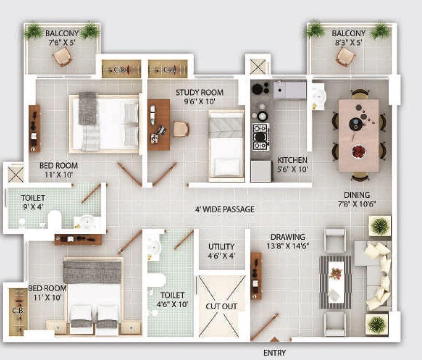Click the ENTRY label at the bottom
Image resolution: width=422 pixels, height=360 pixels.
[x=274, y=353]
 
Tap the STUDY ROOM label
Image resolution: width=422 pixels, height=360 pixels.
[x=199, y=93]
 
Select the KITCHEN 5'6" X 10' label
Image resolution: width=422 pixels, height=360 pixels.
[x=292, y=165]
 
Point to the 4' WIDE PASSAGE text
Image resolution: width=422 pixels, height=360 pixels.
[x=225, y=209]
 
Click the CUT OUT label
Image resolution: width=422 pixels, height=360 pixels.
[x=221, y=306]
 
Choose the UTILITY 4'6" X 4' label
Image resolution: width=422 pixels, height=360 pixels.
[x=221, y=251]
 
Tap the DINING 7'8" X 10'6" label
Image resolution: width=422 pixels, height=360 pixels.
[x=357, y=199]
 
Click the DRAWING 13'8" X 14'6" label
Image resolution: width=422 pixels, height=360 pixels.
[x=288, y=241]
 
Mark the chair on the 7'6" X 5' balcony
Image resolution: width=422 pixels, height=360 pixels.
[x=63, y=56]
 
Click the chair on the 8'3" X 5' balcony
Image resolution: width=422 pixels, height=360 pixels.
[x=346, y=57]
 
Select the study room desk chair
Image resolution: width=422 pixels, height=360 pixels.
[x=181, y=129]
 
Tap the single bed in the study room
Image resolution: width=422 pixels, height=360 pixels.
[x=226, y=145]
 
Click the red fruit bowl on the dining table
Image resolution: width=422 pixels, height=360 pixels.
[x=359, y=151]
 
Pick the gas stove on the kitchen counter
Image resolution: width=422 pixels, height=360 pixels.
[x=260, y=137]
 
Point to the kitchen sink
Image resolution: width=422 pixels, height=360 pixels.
[x=279, y=90]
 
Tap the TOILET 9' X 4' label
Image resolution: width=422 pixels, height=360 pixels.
[x=33, y=202]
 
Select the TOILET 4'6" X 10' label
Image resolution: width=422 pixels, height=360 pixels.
[x=172, y=300]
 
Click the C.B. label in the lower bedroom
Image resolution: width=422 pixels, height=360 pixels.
[x=18, y=311]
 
